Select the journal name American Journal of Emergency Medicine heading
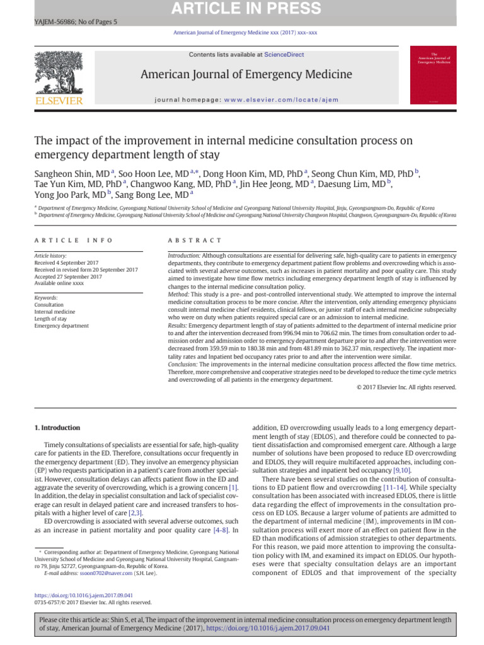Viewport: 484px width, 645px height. click(246, 75)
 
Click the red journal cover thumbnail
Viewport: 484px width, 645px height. click(433, 74)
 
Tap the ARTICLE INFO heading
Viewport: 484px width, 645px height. click(74, 241)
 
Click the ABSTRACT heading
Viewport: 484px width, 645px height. click(195, 241)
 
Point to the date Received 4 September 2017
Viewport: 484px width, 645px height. click(68, 263)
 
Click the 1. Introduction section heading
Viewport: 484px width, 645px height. click(57, 428)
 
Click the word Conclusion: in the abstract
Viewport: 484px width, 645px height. click(183, 365)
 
